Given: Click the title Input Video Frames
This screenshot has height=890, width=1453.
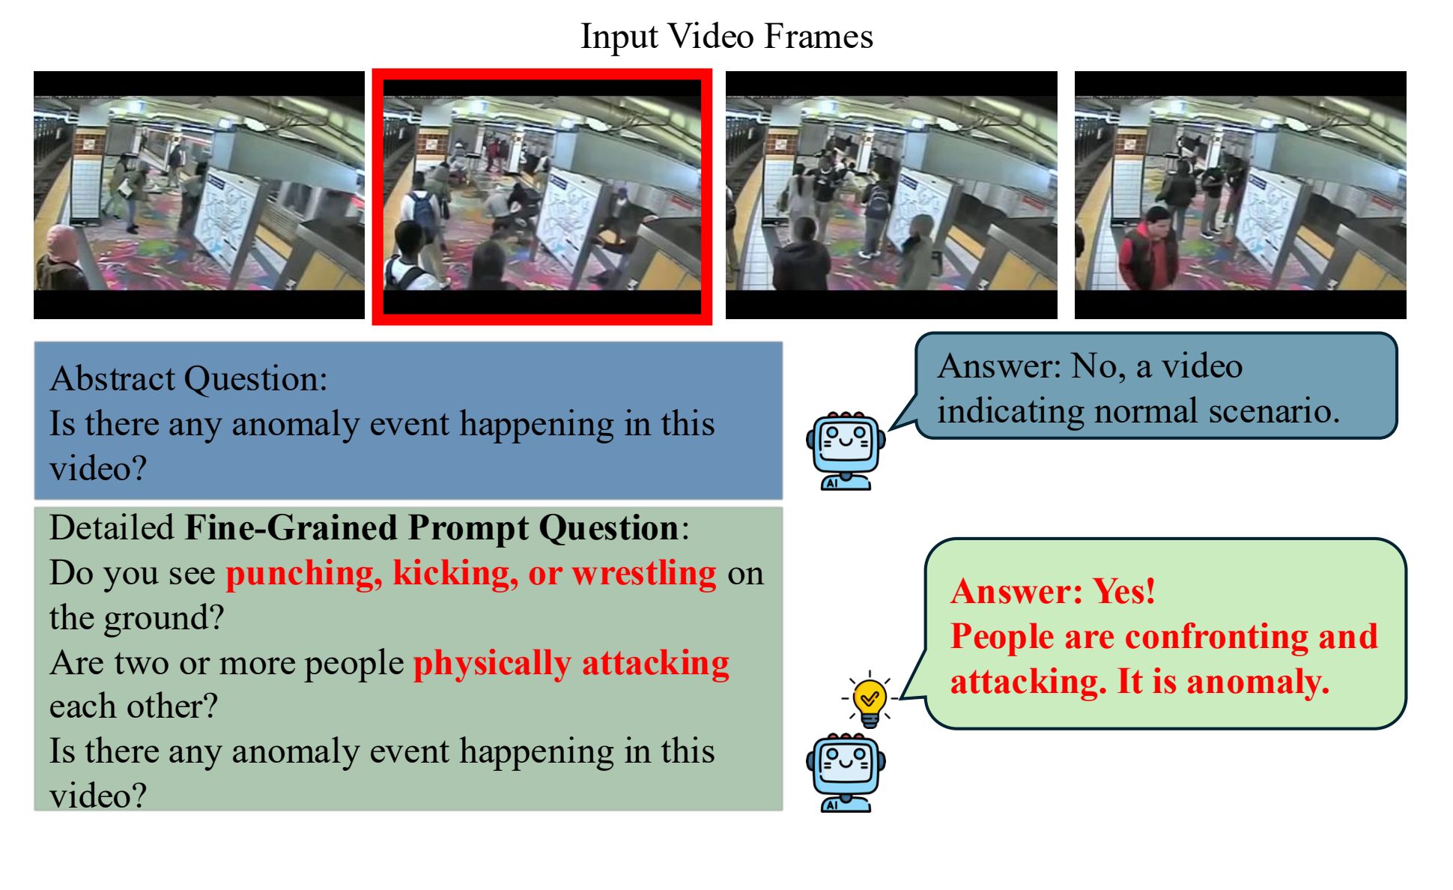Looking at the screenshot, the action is pyautogui.click(x=726, y=36).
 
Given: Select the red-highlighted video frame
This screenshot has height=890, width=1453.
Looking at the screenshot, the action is pyautogui.click(x=542, y=196).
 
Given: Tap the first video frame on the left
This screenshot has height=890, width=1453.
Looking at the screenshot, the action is pyautogui.click(x=199, y=195).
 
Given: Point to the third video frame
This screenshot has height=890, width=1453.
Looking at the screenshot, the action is pyautogui.click(x=891, y=195).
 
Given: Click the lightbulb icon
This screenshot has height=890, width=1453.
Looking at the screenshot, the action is pyautogui.click(x=869, y=699).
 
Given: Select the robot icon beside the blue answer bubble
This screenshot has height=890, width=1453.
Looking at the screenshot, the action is pyautogui.click(x=846, y=450).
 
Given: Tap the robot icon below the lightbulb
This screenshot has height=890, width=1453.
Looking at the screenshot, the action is pyautogui.click(x=846, y=772).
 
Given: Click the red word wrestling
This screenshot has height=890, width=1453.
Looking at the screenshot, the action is pyautogui.click(x=644, y=573).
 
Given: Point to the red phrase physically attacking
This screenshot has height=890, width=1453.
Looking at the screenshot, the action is pyautogui.click(x=571, y=663).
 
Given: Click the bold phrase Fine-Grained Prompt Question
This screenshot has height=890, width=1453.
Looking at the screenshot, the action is pyautogui.click(x=431, y=527).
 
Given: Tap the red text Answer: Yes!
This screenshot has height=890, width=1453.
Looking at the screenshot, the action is pyautogui.click(x=1053, y=591).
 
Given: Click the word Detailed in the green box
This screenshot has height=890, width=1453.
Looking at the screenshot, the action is pyautogui.click(x=112, y=527).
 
